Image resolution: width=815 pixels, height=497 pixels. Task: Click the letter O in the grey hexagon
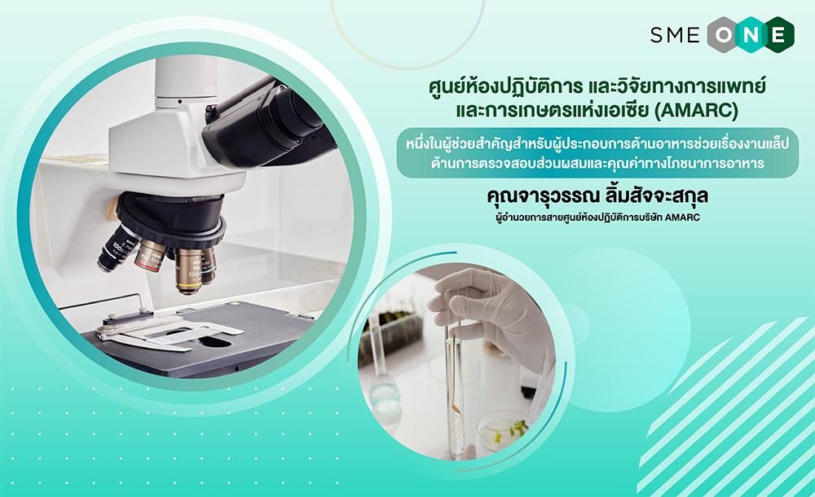(724, 35)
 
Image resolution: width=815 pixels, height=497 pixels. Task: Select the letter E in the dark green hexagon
(778, 35)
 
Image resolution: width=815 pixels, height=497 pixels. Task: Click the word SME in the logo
(675, 35)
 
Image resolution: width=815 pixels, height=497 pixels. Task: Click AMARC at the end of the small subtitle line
(682, 218)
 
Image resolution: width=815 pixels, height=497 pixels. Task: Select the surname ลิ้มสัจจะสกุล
(655, 196)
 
